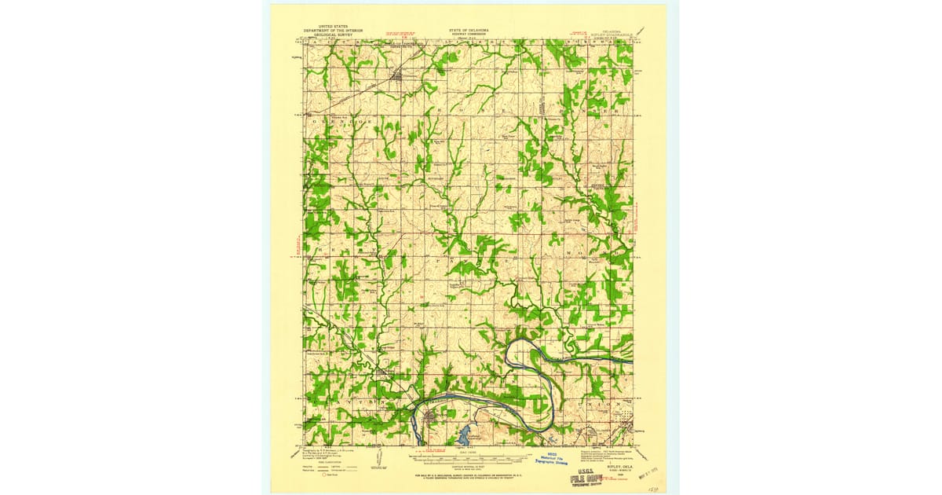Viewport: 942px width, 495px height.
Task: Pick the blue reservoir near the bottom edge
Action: coord(464,432)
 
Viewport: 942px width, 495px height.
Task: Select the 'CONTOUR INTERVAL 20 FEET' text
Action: coord(469,446)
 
